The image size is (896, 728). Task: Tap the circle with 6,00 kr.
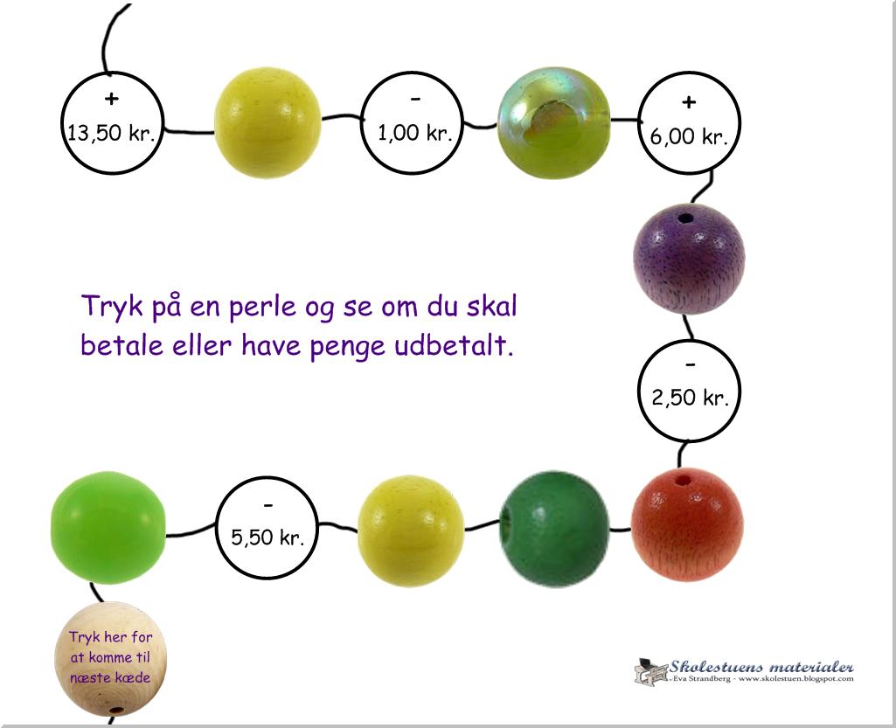[689, 121]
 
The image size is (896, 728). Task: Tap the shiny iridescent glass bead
[553, 123]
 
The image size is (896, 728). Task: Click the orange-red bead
[687, 524]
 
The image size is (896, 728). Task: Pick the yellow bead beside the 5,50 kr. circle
[411, 530]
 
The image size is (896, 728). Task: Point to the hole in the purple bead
[684, 218]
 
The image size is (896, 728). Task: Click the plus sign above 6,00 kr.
[689, 103]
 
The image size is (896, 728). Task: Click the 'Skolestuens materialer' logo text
[761, 666]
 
